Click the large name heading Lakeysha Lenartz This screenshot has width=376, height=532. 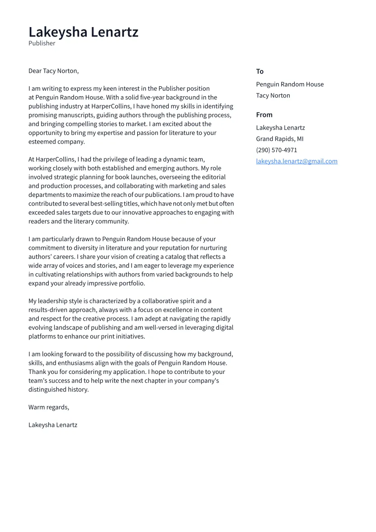tap(84, 32)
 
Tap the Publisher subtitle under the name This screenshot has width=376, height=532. tap(42, 43)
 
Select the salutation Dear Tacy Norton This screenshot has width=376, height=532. tap(53, 71)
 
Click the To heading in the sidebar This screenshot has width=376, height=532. tap(260, 71)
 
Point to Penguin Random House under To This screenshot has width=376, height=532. tap(289, 84)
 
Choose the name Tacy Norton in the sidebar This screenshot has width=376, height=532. tap(273, 96)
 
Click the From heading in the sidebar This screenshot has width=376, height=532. tap(264, 115)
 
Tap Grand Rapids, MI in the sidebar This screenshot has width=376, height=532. tap(279, 139)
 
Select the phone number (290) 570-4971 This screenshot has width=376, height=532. tap(276, 150)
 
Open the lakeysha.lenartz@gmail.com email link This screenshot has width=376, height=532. tap(297, 161)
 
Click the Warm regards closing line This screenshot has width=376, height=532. tap(49, 407)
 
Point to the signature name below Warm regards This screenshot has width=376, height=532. tap(53, 425)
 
